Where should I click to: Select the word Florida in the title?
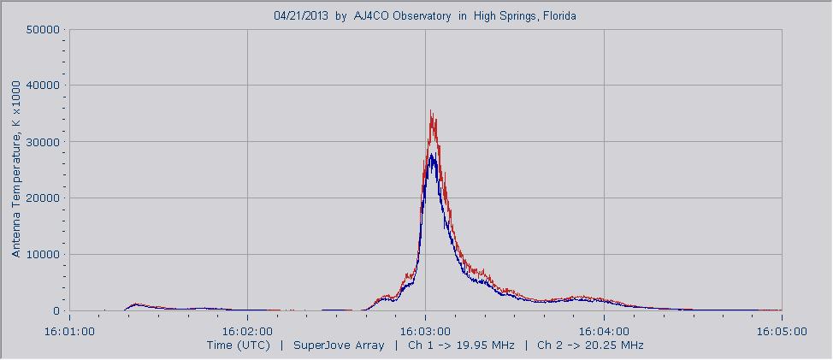point(556,15)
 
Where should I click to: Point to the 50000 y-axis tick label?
point(43,29)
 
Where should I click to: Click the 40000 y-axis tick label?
point(43,86)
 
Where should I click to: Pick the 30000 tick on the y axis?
point(43,142)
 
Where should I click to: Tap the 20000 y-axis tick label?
point(43,198)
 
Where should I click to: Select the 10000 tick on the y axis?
point(43,255)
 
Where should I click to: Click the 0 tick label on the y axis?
point(56,311)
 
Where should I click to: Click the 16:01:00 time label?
point(69,329)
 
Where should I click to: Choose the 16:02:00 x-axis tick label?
point(247,329)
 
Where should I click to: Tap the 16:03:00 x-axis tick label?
point(425,329)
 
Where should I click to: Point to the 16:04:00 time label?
point(604,329)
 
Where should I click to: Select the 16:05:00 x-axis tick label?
point(782,329)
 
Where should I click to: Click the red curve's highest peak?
point(431,111)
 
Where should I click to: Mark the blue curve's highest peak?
point(433,155)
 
